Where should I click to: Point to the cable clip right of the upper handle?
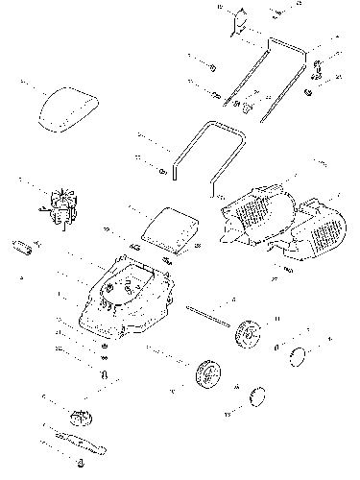(316, 67)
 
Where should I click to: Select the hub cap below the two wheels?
(256, 395)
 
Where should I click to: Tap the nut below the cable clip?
(308, 92)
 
